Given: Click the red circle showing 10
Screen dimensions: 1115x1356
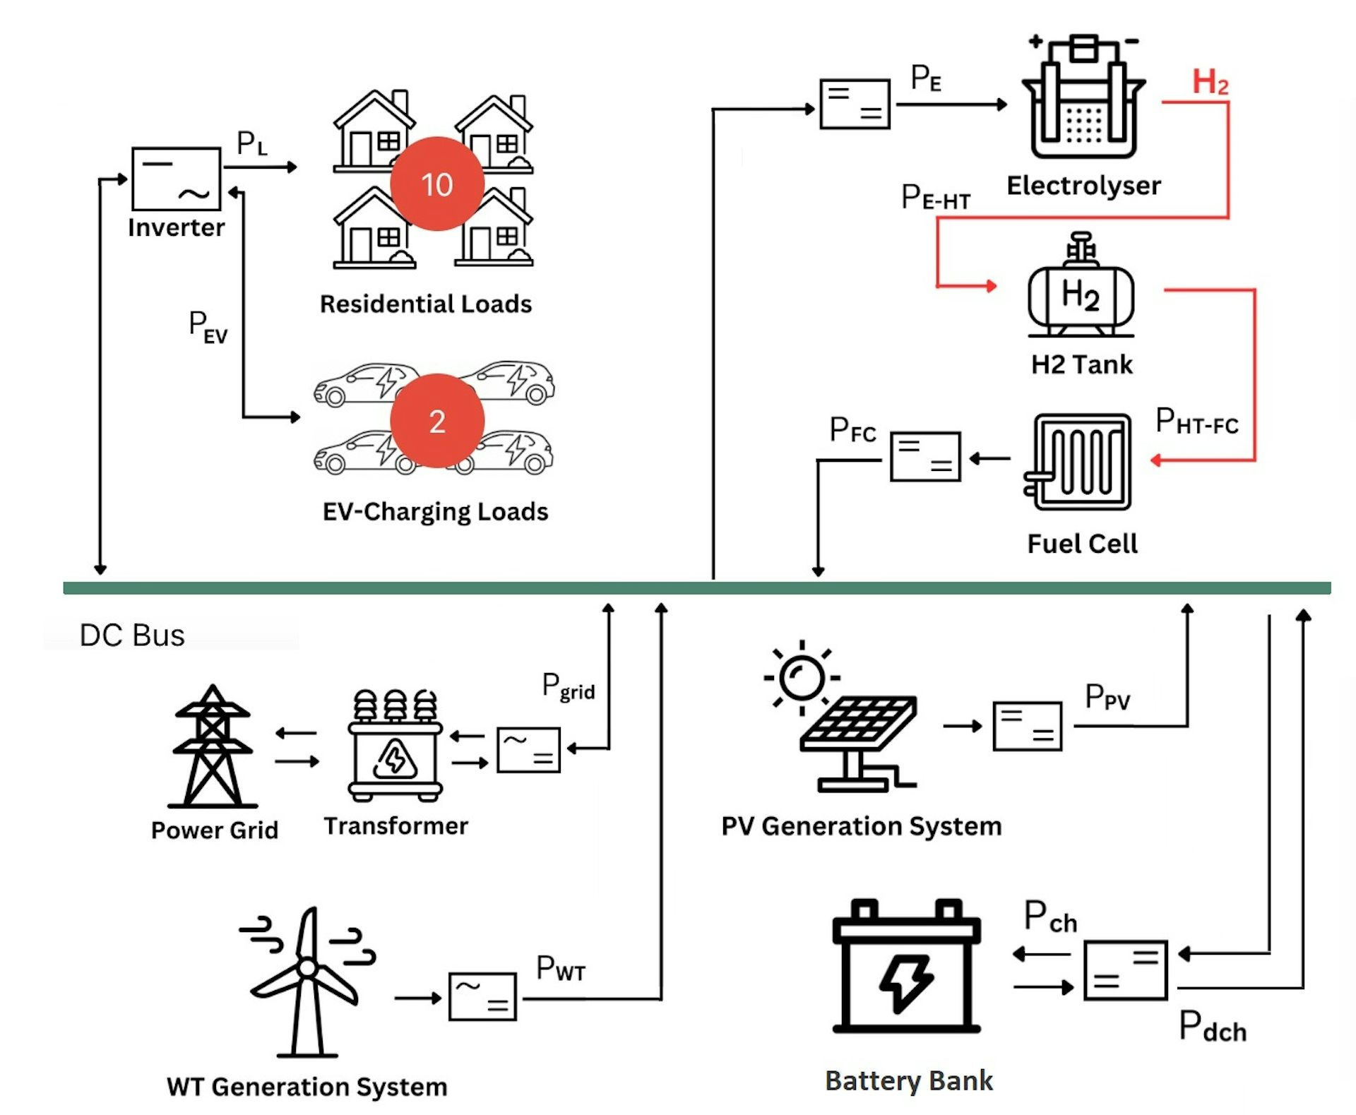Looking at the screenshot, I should (437, 184).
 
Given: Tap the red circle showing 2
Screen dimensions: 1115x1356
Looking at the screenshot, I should (437, 421).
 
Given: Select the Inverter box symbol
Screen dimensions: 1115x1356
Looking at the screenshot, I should (176, 179).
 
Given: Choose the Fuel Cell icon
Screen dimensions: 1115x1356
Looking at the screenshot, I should (1078, 462).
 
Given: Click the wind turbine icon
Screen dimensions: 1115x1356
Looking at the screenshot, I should (307, 982).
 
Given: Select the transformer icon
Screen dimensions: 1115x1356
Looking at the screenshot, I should (395, 746).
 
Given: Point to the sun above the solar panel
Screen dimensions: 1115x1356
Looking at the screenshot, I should (802, 678).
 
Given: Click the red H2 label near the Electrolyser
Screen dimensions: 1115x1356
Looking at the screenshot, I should (1210, 83).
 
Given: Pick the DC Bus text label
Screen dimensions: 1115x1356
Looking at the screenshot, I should (132, 636).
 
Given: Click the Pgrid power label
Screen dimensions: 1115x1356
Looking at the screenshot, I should (568, 686).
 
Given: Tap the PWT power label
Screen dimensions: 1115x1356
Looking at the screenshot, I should (561, 969).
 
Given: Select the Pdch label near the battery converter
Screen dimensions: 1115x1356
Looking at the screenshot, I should (1212, 1027).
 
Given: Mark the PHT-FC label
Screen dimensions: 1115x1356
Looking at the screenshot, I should (1196, 422).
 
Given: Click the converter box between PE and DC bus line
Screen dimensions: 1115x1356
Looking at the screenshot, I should (855, 105).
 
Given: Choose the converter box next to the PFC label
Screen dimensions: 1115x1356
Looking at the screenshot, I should (925, 457).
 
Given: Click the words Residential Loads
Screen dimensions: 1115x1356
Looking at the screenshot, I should (426, 304).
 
